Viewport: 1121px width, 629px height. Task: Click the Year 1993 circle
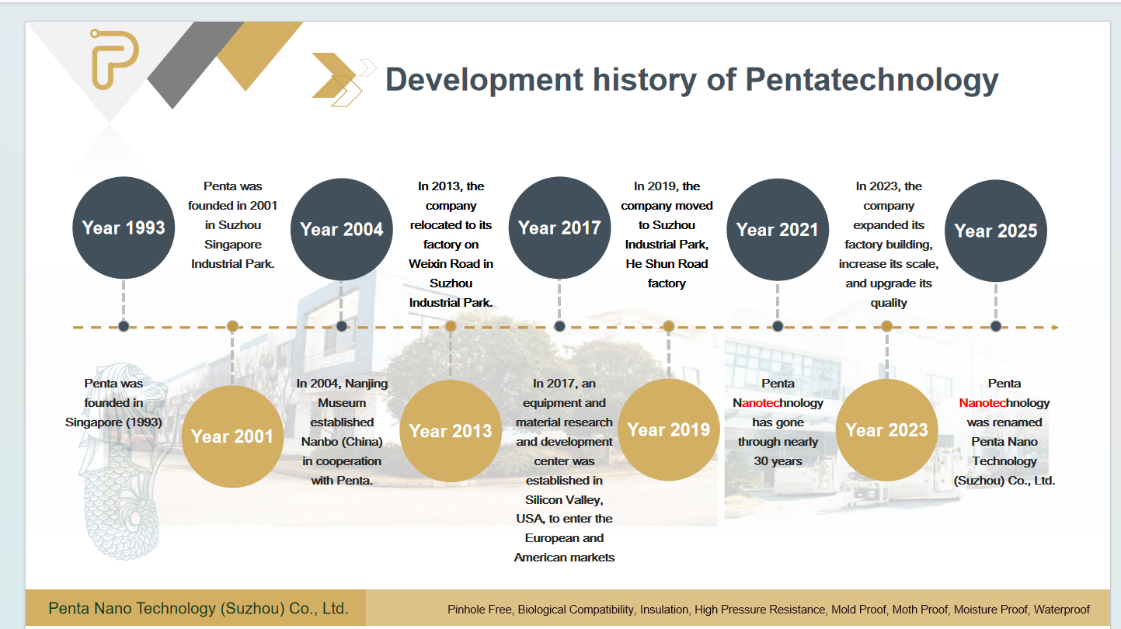[x=124, y=228]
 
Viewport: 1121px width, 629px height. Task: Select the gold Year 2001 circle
[x=232, y=436]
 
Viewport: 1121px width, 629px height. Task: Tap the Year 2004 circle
[x=342, y=229]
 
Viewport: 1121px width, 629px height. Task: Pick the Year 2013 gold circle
[x=451, y=431]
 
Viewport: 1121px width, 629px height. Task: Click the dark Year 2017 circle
[x=559, y=228]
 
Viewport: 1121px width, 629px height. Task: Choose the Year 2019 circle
[x=669, y=429]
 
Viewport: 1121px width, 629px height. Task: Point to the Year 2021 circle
[x=778, y=230]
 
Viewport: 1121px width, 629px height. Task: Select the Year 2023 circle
[x=887, y=430]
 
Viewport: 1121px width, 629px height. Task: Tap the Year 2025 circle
[x=996, y=231]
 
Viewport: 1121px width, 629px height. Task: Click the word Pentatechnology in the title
[x=872, y=80]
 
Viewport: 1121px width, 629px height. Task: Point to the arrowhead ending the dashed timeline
[x=1055, y=327]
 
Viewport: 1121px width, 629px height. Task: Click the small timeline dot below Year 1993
[x=124, y=326]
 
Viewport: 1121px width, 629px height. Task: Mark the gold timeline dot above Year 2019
[x=669, y=326]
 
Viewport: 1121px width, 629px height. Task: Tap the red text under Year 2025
[x=982, y=403]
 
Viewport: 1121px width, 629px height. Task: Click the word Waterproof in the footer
[x=1061, y=610]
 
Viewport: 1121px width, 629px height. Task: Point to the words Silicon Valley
[x=564, y=500]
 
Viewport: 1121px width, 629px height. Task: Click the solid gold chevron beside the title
[x=334, y=75]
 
